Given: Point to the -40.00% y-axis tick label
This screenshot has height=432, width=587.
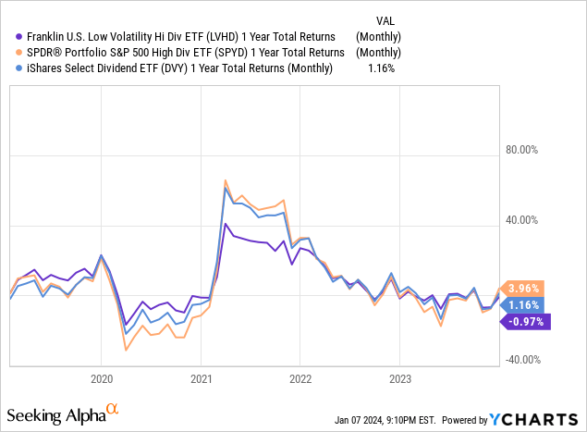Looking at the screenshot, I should pyautogui.click(x=527, y=361).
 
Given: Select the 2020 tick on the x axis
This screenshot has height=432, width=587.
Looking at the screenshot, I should pyautogui.click(x=101, y=378).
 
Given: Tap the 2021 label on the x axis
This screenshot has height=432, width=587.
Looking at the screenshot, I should pyautogui.click(x=201, y=378).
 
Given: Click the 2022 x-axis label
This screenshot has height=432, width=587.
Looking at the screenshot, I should pyautogui.click(x=300, y=378).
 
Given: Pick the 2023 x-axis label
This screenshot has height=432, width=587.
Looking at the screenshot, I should pyautogui.click(x=398, y=378).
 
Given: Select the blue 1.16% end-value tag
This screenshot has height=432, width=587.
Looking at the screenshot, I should pyautogui.click(x=522, y=304).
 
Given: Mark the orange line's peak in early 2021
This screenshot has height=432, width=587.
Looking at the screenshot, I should pyautogui.click(x=226, y=180).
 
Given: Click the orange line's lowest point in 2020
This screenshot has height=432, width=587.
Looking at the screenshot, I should pyautogui.click(x=126, y=351).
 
